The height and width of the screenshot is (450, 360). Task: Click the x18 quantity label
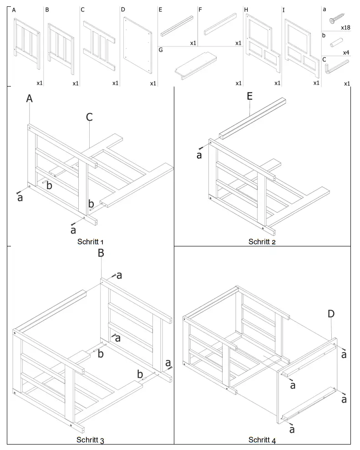point(345,28)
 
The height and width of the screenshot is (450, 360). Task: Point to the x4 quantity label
point(346,53)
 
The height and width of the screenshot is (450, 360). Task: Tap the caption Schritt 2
point(262,241)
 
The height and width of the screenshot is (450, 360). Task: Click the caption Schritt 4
point(262,440)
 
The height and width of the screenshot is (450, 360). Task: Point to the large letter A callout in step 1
point(30,98)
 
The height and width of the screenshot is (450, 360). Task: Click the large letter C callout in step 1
point(89,117)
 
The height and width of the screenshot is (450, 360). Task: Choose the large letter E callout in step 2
point(249,96)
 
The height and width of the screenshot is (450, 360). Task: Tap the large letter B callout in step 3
point(101,253)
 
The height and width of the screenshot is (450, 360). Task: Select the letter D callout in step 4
point(331,313)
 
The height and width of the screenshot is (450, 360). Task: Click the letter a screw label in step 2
point(199,155)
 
